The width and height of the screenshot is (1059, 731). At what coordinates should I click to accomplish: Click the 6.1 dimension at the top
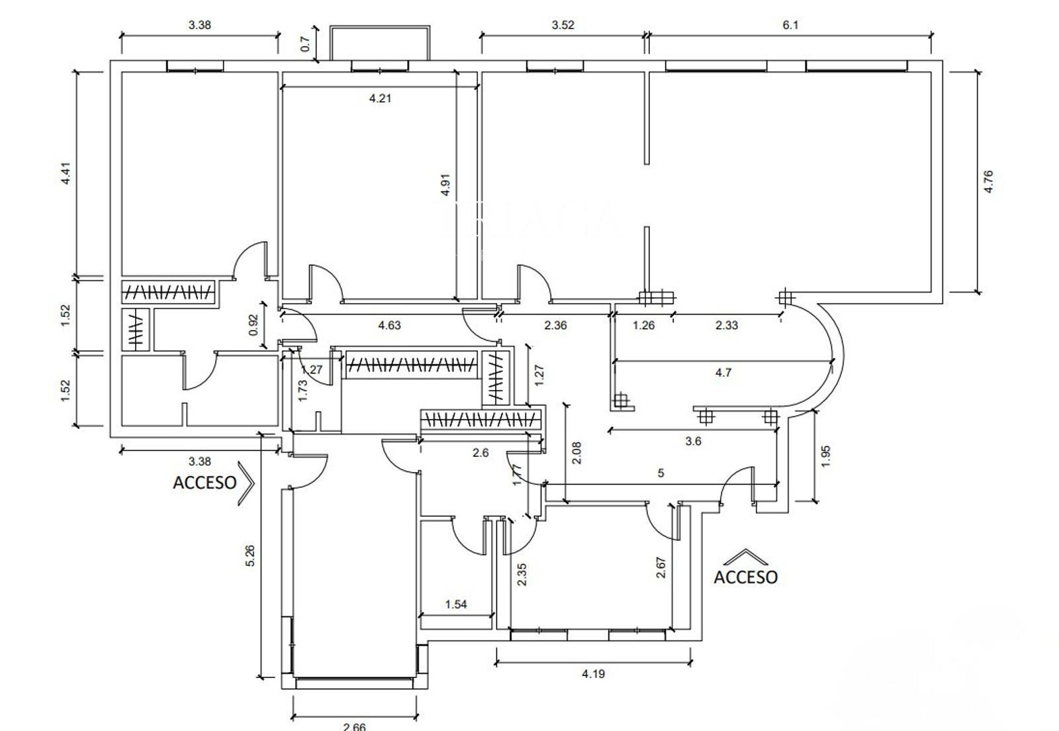790,25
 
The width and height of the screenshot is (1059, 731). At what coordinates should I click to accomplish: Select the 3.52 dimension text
563,25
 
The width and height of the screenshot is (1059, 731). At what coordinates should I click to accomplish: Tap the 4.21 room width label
380,99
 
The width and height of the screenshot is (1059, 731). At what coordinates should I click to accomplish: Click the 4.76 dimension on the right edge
988,181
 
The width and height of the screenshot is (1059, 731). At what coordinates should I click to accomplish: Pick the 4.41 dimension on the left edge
66,173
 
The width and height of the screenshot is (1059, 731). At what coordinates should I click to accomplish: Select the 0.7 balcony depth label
305,44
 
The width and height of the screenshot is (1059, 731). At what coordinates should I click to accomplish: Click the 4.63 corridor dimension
389,325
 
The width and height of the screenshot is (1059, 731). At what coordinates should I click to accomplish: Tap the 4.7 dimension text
723,373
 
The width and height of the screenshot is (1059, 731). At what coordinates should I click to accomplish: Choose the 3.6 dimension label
693,442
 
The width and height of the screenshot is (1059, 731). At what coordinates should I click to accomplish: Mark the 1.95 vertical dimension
825,456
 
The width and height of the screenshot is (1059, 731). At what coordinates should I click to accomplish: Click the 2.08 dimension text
576,453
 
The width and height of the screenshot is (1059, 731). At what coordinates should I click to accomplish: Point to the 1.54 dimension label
456,604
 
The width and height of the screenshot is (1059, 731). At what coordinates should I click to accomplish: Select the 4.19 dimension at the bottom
593,674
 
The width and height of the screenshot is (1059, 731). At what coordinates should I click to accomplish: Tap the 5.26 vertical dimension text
250,555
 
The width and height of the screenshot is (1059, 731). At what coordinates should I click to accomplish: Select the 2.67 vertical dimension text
661,567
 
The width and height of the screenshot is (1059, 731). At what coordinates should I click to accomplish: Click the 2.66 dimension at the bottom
355,726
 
